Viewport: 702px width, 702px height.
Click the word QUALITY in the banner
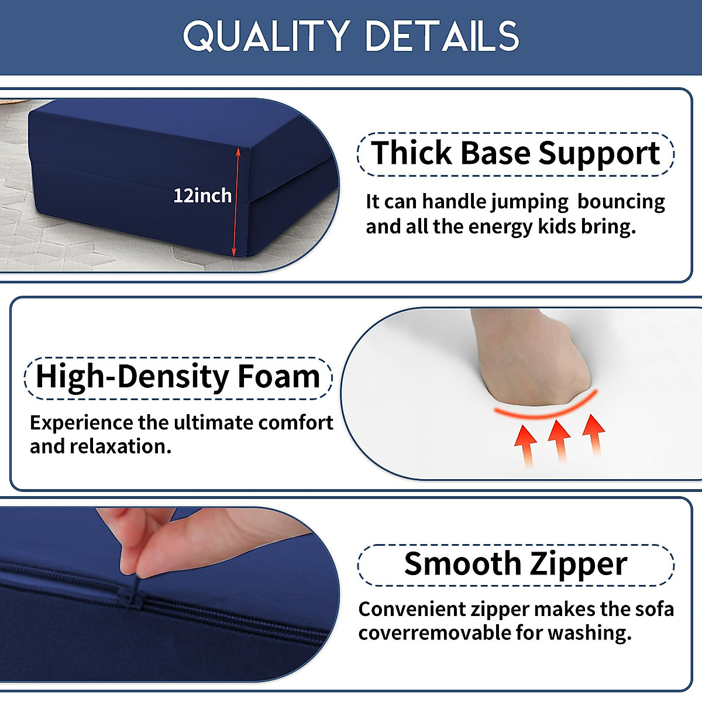266,36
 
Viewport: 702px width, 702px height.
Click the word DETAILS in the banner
442,36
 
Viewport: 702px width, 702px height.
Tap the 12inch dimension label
202,196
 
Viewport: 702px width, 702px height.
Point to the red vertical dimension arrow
236,201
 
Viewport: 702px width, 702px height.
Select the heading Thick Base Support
515,154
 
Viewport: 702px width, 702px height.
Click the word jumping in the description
529,202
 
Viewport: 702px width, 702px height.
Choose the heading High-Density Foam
178,378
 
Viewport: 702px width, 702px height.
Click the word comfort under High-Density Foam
295,424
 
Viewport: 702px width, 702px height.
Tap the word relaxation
121,446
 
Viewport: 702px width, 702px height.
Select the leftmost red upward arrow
526,446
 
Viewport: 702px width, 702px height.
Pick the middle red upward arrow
559,441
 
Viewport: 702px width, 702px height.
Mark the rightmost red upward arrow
593,434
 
